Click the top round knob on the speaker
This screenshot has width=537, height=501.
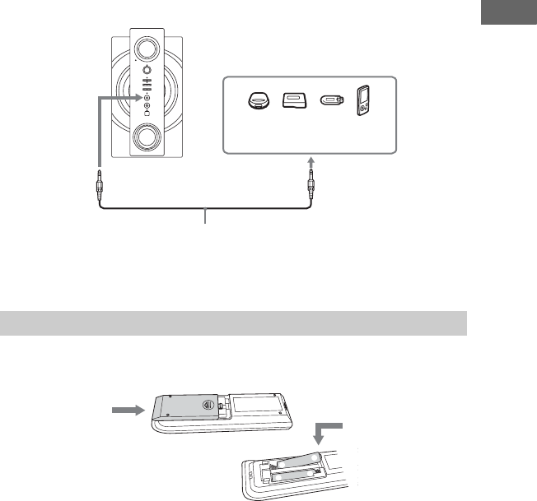click(x=149, y=46)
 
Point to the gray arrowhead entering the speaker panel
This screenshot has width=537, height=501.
click(x=138, y=96)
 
